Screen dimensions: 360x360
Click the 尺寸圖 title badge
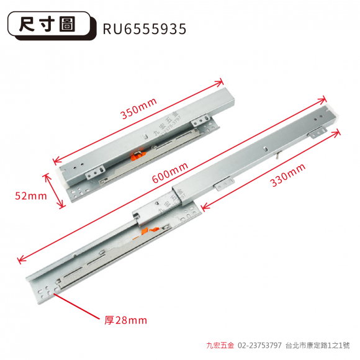(52, 25)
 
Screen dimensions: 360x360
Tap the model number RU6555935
(145, 29)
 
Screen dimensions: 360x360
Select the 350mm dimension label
(139, 108)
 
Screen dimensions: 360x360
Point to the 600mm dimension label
(170, 173)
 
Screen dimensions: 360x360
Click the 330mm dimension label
(288, 175)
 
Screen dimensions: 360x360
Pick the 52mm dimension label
(31, 196)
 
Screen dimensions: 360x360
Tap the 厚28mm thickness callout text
(125, 320)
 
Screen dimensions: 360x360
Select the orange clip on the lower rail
(150, 230)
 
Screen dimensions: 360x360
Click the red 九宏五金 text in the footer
(220, 345)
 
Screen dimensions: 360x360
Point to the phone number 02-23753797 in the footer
(259, 345)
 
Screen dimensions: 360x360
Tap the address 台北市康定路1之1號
(318, 345)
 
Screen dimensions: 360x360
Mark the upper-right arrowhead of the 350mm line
(219, 83)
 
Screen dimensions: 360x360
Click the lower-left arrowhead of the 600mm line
(21, 259)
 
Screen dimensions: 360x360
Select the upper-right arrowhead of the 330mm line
(336, 133)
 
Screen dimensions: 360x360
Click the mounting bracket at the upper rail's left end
(95, 173)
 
